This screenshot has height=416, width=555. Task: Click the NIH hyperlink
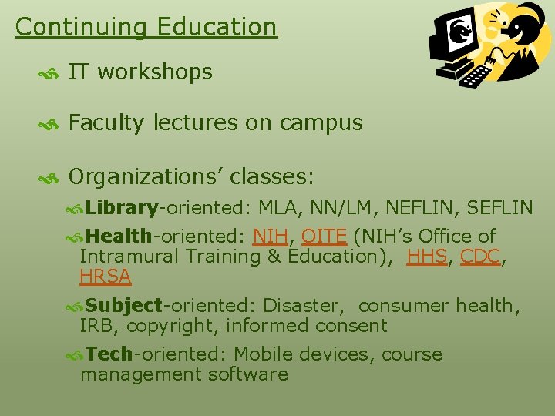(269, 237)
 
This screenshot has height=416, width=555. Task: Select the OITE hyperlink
(324, 237)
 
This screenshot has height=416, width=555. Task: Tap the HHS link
(426, 257)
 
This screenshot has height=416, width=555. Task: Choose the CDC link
(479, 257)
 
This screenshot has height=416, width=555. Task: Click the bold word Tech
(109, 354)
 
